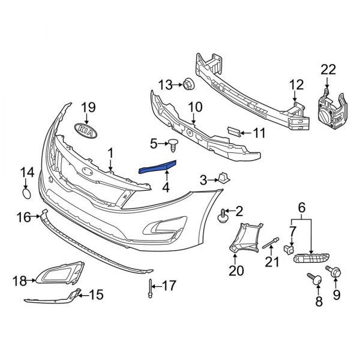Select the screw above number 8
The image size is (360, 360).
point(313,277)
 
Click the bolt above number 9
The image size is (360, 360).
point(334,271)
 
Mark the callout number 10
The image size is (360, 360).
point(195,109)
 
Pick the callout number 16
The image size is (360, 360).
point(23,217)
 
